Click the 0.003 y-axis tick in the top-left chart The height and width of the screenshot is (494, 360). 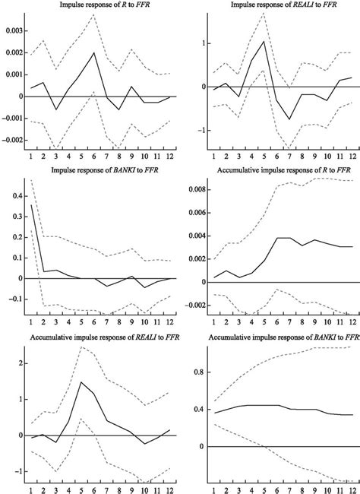(14, 31)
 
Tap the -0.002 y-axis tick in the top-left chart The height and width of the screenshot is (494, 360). (12, 140)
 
